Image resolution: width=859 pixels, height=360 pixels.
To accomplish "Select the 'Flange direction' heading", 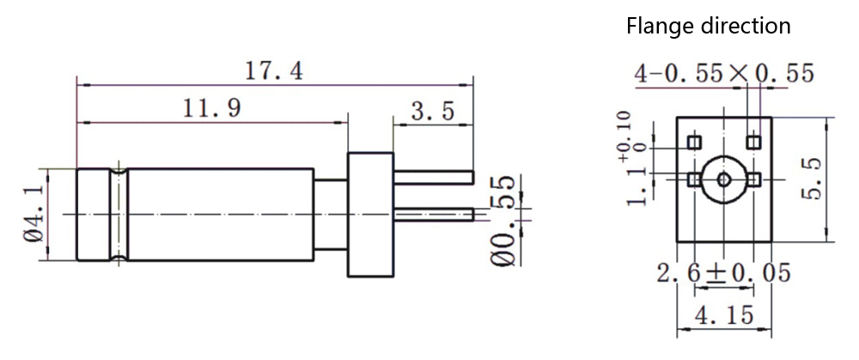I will click(x=709, y=26).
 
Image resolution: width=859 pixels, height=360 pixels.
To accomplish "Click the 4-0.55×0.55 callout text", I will click(x=723, y=74).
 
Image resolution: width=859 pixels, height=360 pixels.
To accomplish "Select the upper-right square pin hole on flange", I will click(x=753, y=140).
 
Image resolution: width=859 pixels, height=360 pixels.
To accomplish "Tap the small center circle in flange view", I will click(x=724, y=179).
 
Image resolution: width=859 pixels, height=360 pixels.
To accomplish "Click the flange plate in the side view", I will click(x=369, y=213).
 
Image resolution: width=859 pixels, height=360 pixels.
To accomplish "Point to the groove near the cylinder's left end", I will click(x=119, y=213).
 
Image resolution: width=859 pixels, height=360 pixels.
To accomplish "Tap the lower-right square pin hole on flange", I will click(x=753, y=179).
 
